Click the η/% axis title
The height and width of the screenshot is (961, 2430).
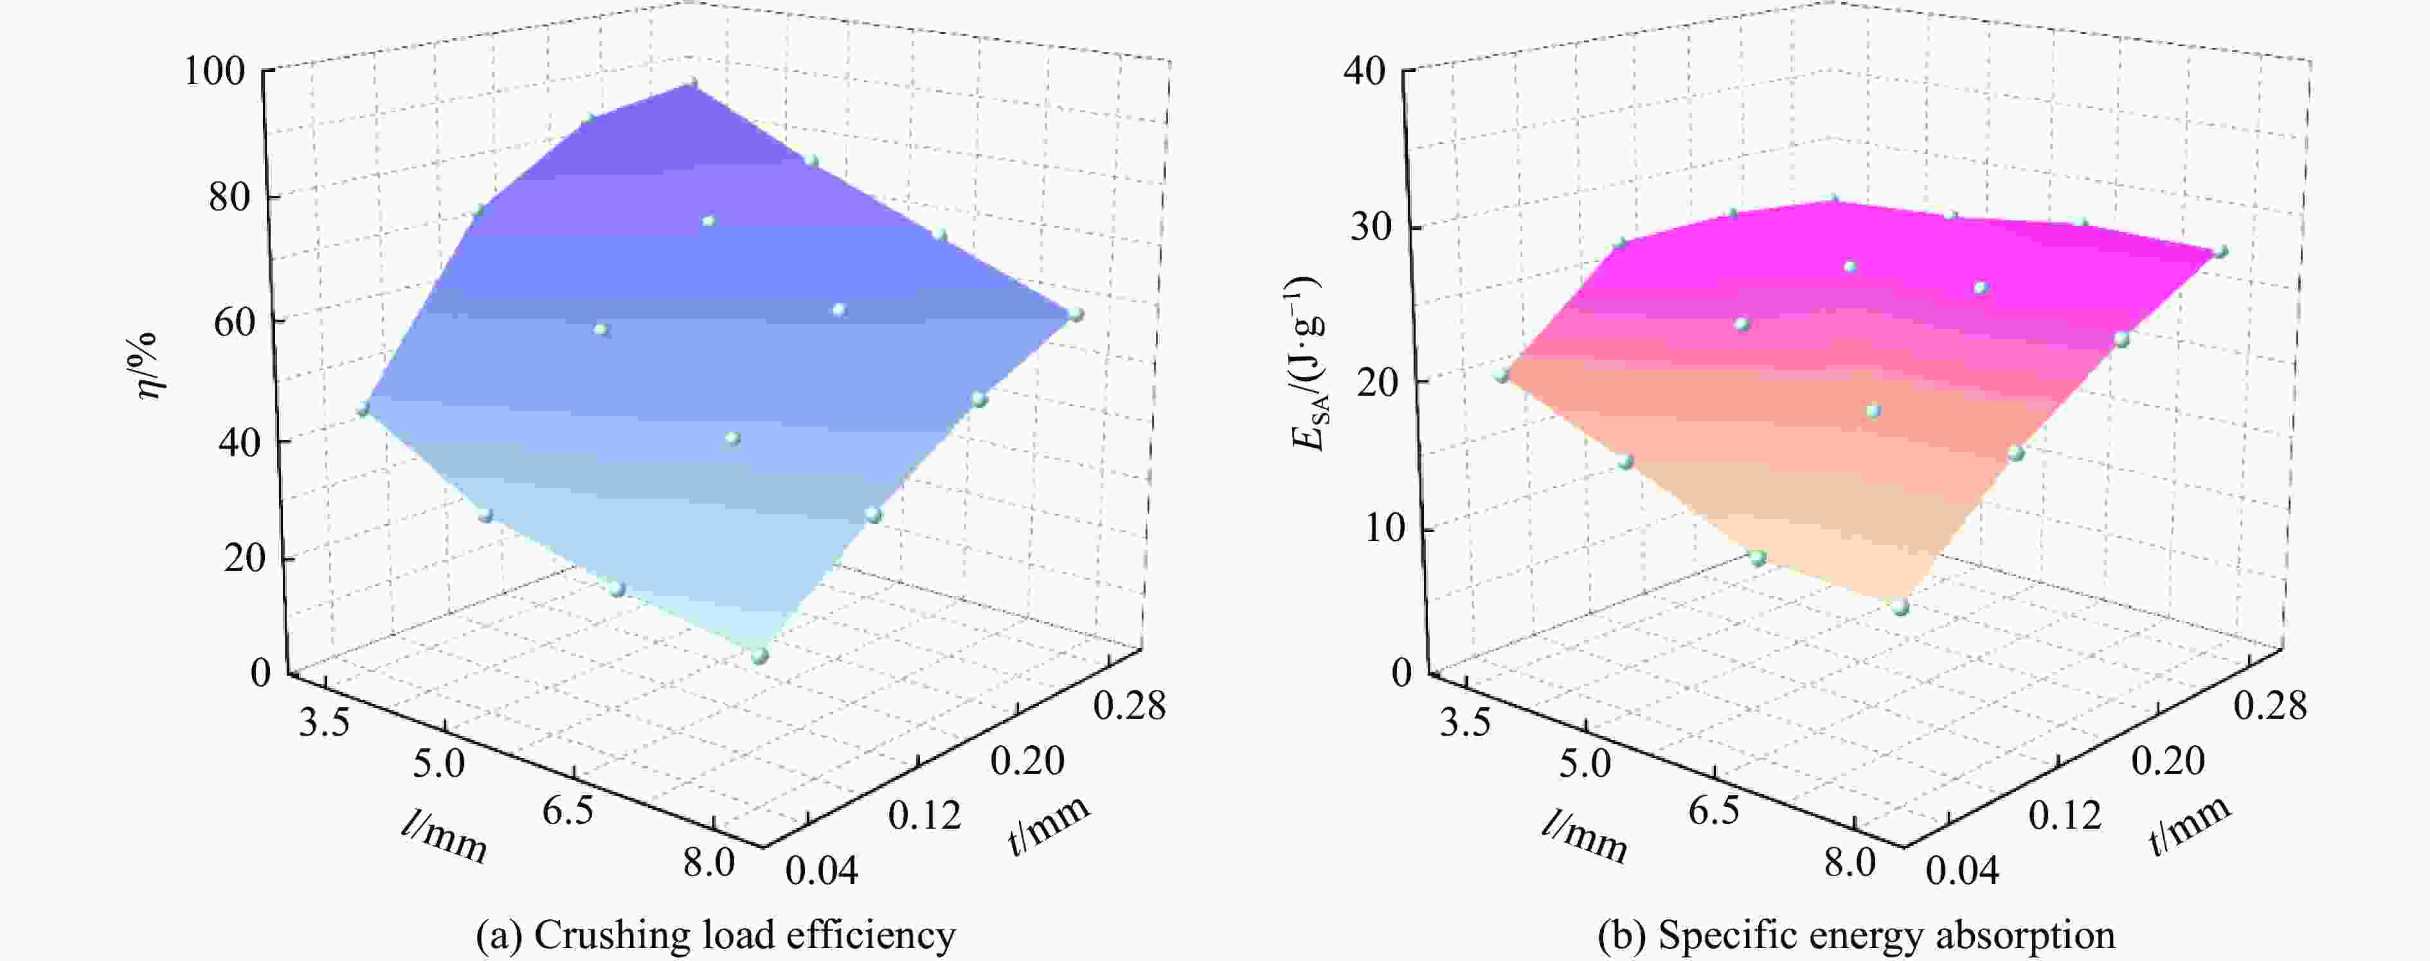tap(149, 366)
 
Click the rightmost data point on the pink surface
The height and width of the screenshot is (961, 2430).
tap(2220, 251)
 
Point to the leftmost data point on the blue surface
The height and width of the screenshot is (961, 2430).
tap(363, 409)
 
